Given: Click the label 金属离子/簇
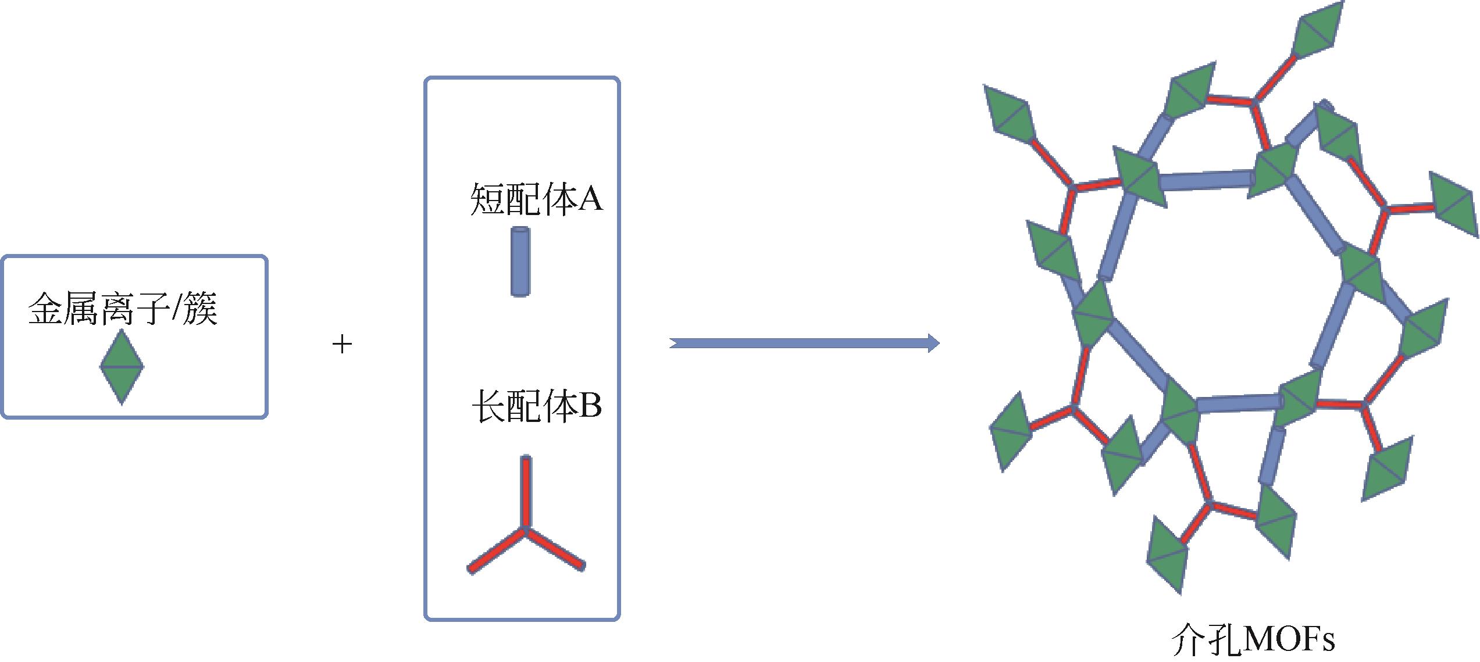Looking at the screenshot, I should [123, 309].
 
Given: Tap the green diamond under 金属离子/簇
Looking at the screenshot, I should [122, 367].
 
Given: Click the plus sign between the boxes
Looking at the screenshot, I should [343, 345].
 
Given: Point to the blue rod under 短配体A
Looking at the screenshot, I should [520, 262].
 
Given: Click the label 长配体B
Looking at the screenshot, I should [536, 406].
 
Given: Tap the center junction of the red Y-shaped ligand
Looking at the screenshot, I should [525, 529].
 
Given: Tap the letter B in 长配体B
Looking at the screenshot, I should [589, 406].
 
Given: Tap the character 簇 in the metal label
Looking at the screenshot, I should [199, 309].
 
